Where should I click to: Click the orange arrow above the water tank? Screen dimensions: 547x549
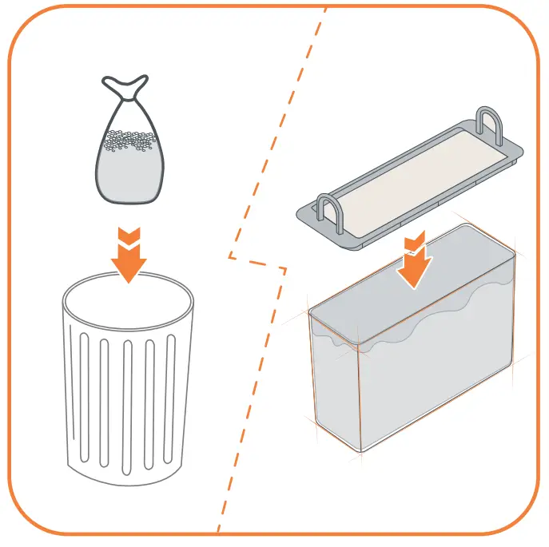[414, 264]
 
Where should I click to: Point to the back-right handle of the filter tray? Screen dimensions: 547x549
[490, 124]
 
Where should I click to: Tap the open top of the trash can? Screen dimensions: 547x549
[128, 299]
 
